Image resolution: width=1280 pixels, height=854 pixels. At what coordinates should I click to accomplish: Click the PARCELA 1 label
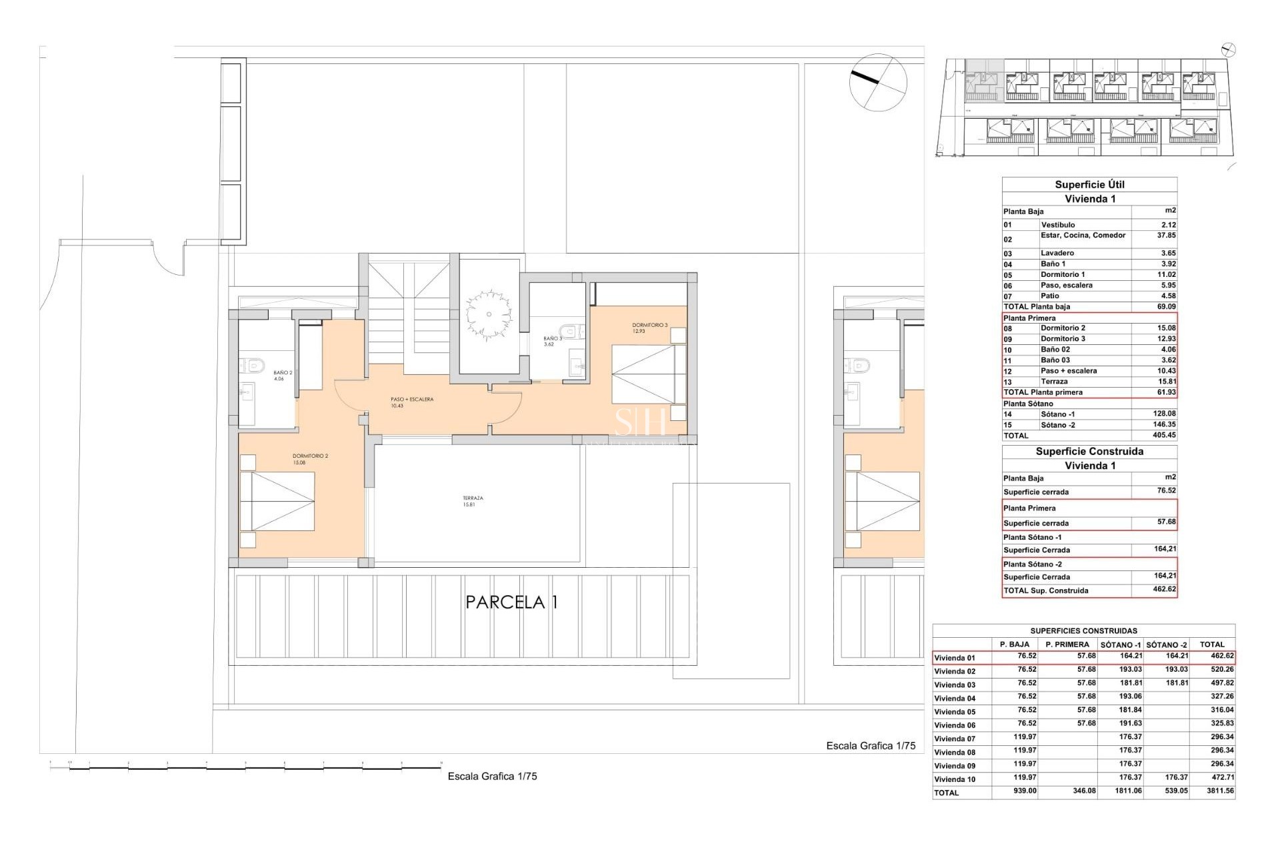tap(511, 602)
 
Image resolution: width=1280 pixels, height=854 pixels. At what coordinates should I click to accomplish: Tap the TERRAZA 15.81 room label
tap(473, 501)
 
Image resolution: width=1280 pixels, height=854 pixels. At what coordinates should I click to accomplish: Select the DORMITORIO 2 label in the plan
tap(310, 459)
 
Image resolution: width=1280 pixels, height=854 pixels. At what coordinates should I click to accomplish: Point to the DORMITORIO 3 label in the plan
tap(649, 328)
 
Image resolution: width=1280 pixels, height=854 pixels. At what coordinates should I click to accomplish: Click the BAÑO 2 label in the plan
tap(283, 375)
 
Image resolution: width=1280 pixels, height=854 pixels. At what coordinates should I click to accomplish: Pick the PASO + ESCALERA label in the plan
tap(411, 402)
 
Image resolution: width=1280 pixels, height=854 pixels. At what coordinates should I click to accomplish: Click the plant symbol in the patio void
tap(489, 314)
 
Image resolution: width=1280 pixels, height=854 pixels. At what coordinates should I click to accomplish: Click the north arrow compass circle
tap(878, 81)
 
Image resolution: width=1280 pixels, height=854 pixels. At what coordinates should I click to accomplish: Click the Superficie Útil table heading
tap(1089, 185)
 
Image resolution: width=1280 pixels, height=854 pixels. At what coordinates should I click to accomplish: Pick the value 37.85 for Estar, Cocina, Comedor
tap(1166, 236)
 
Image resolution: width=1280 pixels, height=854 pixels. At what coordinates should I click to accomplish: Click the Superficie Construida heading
tap(1089, 452)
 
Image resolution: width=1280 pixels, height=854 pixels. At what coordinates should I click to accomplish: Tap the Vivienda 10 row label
tap(955, 779)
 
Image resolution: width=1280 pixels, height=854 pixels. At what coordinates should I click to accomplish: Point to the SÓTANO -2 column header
tap(1167, 645)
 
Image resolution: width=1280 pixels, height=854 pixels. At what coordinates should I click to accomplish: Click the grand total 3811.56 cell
tap(1217, 791)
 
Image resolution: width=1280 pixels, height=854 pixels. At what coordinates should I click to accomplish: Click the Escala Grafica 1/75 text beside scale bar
tap(492, 776)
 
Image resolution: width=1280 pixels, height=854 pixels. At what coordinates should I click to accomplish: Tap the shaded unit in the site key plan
tap(984, 80)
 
